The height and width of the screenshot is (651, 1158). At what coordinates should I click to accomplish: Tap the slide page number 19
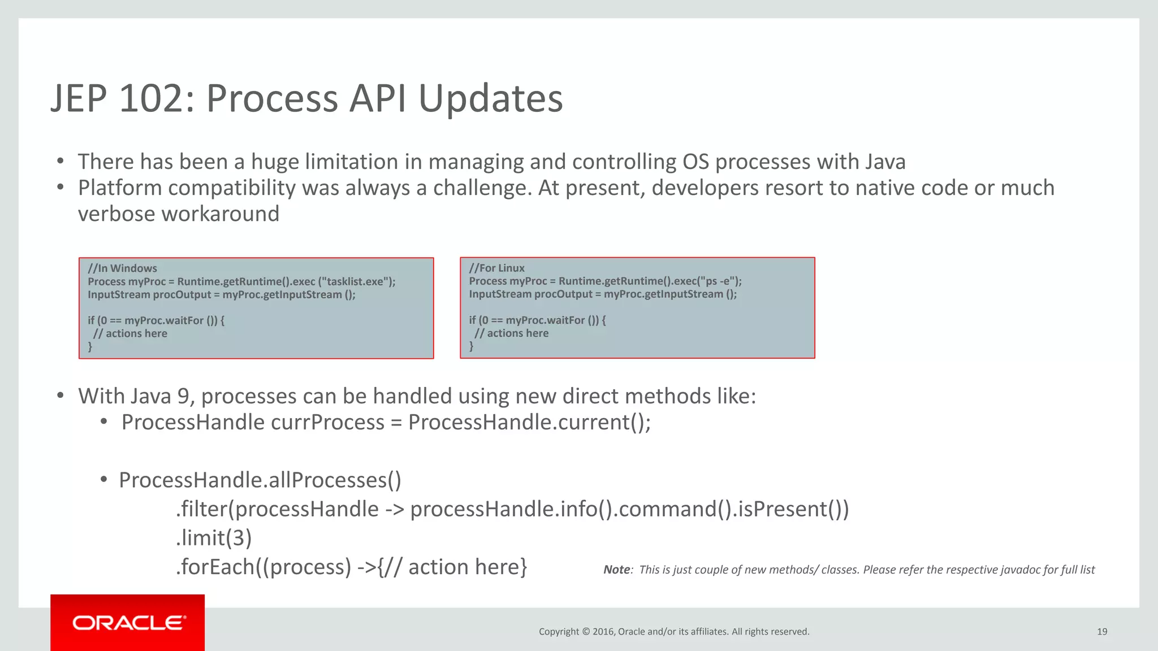pyautogui.click(x=1101, y=632)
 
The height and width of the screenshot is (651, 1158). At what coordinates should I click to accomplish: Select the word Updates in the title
pyautogui.click(x=490, y=99)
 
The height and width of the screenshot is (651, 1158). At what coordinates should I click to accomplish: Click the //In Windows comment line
pyautogui.click(x=122, y=268)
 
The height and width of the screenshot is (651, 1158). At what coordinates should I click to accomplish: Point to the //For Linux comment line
pyautogui.click(x=496, y=268)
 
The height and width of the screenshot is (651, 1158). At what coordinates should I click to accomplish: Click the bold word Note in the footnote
pyautogui.click(x=616, y=570)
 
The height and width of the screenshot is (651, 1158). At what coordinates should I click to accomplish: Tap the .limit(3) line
pyautogui.click(x=214, y=538)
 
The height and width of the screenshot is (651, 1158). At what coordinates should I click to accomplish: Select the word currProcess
pyautogui.click(x=328, y=423)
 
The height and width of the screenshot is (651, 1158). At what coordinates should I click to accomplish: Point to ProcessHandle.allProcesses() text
pyautogui.click(x=260, y=480)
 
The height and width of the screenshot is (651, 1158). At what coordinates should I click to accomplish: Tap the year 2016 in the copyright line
pyautogui.click(x=603, y=632)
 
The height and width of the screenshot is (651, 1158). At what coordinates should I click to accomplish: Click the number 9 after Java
pyautogui.click(x=183, y=397)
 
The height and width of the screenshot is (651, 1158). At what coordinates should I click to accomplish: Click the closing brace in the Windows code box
pyautogui.click(x=90, y=346)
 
